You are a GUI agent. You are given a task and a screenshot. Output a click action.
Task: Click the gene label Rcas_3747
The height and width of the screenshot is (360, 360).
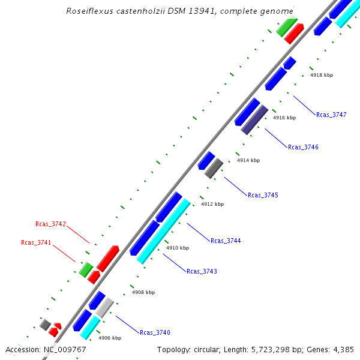pos(331,115)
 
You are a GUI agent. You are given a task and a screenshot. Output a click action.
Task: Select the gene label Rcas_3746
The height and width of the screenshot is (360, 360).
pos(303,147)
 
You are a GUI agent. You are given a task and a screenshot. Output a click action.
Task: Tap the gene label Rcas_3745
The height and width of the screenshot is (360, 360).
pos(263,195)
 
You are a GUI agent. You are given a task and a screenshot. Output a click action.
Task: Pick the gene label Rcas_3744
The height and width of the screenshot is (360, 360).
pos(226,241)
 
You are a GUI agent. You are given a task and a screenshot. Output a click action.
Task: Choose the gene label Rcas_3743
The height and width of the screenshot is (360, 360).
pos(202,271)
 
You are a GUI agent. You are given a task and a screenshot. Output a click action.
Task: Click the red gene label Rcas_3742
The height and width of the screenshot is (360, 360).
pos(50,224)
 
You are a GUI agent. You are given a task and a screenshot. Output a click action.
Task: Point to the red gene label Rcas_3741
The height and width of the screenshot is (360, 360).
pos(36,242)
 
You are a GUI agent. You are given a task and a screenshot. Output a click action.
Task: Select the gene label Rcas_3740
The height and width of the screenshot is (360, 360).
pos(155,332)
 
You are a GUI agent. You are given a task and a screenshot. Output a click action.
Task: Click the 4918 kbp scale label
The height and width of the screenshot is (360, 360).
pos(321,76)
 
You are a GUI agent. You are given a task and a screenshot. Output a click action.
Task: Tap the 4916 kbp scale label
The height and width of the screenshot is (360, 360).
pos(284,118)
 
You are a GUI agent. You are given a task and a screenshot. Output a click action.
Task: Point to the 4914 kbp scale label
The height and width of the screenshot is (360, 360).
pos(248,161)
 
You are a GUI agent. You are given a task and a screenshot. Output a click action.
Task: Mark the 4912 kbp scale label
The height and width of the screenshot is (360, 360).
pos(212,205)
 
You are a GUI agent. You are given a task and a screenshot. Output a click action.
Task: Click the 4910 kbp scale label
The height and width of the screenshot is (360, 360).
pos(177,248)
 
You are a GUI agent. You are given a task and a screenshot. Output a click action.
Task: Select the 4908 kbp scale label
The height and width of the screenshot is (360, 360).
pos(143,292)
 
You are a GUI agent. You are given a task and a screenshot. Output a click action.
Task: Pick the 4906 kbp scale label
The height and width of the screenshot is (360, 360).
pos(109,338)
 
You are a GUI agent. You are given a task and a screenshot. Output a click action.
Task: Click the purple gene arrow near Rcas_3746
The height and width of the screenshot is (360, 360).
pos(254,119)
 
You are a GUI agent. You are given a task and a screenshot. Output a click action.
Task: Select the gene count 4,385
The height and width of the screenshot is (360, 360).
pos(342,349)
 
